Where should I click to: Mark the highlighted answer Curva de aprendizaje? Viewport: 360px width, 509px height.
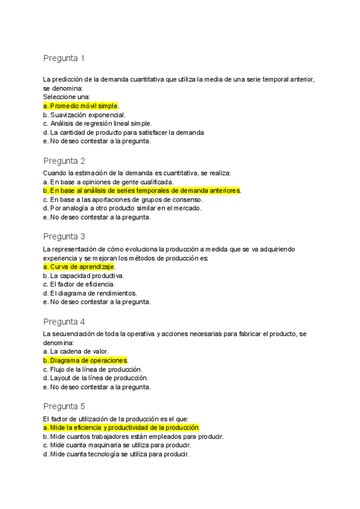point(79,267)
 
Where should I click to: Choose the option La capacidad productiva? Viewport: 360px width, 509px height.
point(83,276)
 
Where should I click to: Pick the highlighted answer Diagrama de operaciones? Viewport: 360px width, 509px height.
point(86,360)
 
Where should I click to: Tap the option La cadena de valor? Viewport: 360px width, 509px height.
point(75,351)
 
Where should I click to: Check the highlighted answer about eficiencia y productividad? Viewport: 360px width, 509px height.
point(121,427)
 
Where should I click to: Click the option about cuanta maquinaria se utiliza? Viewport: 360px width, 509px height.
point(118,445)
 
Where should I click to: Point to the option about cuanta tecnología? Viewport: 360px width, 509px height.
point(116,454)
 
